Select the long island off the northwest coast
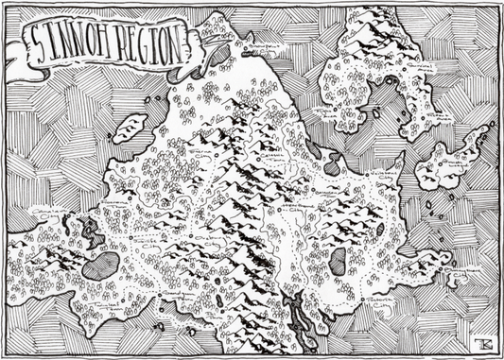(x=130, y=128)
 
